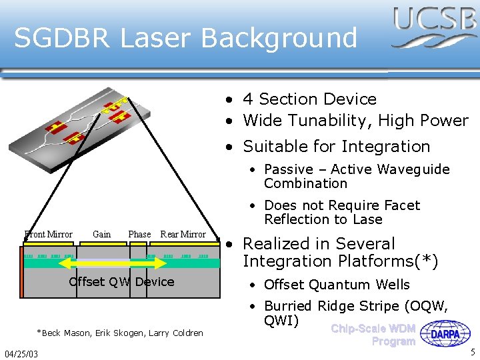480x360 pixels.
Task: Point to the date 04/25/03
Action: click(21, 353)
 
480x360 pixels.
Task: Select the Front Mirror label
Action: click(49, 234)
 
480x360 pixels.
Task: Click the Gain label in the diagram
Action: click(102, 234)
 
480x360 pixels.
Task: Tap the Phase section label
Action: click(139, 234)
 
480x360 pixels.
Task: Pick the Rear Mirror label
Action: click(183, 234)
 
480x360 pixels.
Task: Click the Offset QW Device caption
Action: click(121, 281)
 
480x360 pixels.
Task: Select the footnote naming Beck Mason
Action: click(120, 333)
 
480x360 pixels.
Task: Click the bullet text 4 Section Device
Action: click(309, 99)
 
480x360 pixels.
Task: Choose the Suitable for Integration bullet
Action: click(336, 146)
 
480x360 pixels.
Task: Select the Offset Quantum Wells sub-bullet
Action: click(337, 285)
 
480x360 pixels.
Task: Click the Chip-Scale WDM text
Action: click(373, 328)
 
